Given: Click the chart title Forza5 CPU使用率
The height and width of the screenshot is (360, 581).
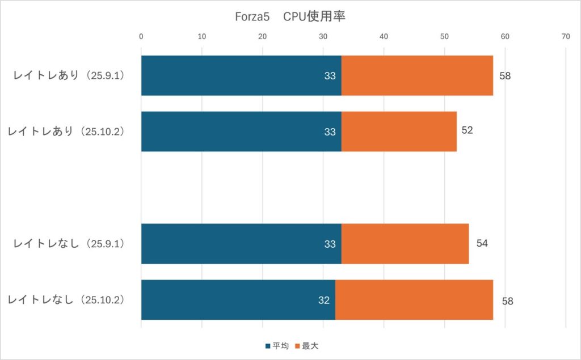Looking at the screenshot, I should tap(290, 16).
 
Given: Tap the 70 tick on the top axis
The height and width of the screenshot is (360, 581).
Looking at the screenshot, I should tap(566, 36).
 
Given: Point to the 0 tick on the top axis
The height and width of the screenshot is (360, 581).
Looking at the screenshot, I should tap(141, 36).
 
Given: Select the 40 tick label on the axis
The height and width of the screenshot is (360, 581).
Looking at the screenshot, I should tap(384, 36).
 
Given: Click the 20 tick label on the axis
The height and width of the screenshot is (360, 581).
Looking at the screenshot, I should tap(263, 36).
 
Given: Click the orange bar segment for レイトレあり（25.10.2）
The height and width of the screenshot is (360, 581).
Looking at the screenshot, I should tap(399, 132).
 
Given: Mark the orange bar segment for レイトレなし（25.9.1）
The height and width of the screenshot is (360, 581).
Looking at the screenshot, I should tap(405, 244).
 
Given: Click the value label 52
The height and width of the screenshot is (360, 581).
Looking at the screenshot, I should tap(467, 130).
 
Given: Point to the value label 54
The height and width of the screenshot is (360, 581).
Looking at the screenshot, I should tap(482, 244).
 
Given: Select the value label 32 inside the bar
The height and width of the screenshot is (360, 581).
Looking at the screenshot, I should tap(324, 300).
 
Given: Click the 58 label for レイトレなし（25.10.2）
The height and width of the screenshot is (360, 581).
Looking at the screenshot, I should tap(507, 301).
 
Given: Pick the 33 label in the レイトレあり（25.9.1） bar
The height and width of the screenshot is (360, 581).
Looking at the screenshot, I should tap(330, 76).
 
